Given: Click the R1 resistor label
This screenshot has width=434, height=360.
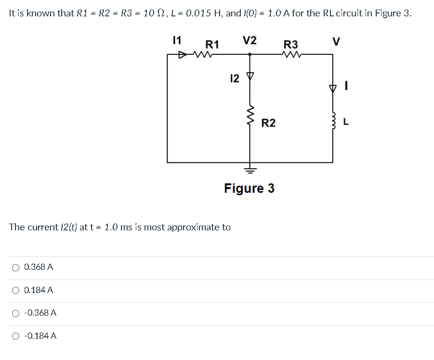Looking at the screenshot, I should pyautogui.click(x=212, y=45).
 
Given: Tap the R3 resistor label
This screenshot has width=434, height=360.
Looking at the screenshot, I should pyautogui.click(x=290, y=45).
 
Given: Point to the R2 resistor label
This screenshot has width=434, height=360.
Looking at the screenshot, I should pyautogui.click(x=268, y=123).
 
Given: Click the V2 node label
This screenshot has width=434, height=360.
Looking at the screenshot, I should pyautogui.click(x=249, y=40).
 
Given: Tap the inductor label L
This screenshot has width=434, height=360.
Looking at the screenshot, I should pyautogui.click(x=347, y=123).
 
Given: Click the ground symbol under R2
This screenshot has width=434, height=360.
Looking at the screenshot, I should pyautogui.click(x=250, y=169).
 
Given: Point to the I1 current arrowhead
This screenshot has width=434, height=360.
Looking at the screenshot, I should pyautogui.click(x=183, y=55).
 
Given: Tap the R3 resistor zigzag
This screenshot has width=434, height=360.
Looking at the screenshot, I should pyautogui.click(x=291, y=54).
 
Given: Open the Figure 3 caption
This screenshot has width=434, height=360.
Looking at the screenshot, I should pyautogui.click(x=249, y=188).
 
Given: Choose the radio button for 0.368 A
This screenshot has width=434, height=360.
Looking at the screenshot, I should pyautogui.click(x=16, y=267).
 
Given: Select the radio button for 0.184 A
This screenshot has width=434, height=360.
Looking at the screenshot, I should pyautogui.click(x=16, y=290).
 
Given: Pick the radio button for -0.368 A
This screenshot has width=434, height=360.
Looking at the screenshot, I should pyautogui.click(x=16, y=313).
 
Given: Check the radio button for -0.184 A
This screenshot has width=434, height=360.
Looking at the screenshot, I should pyautogui.click(x=16, y=336).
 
